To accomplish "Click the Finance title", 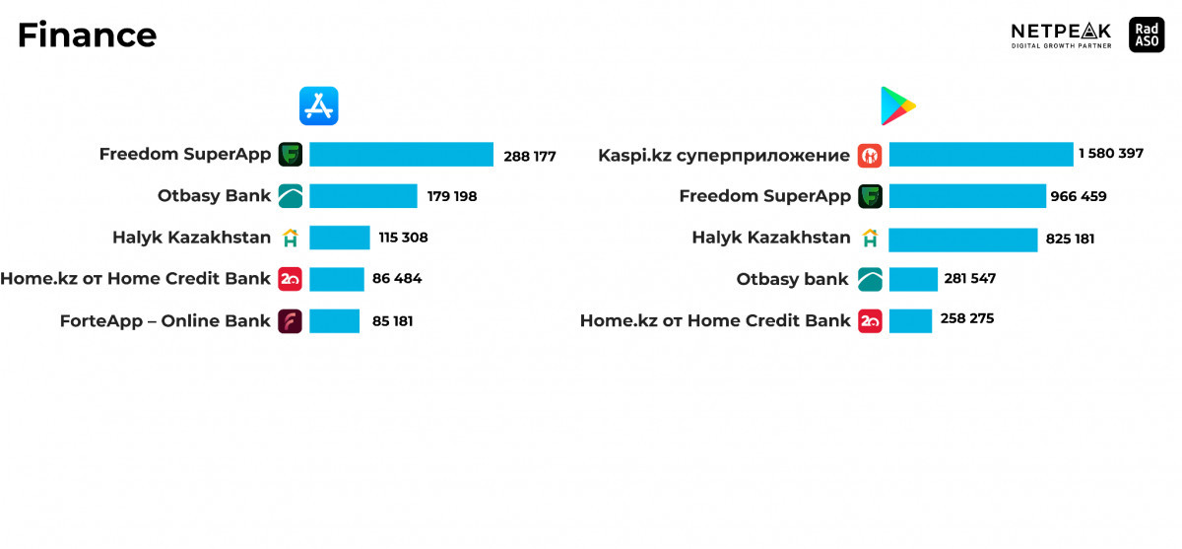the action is pyautogui.click(x=87, y=35).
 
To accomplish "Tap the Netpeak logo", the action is pyautogui.click(x=1061, y=35).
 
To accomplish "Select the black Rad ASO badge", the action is pyautogui.click(x=1147, y=34).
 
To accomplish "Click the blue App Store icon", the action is pyautogui.click(x=319, y=106).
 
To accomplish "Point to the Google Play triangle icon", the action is pyautogui.click(x=897, y=106).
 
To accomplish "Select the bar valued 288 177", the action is pyautogui.click(x=401, y=154).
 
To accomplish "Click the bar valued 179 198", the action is pyautogui.click(x=363, y=196).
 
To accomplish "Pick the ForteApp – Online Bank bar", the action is pyautogui.click(x=335, y=321).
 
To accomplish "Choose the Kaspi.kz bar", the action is pyautogui.click(x=981, y=154).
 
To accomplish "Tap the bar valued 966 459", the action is pyautogui.click(x=967, y=196).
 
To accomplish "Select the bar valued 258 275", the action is pyautogui.click(x=910, y=321).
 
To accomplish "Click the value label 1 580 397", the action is pyautogui.click(x=1111, y=153).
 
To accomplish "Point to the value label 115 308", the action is pyautogui.click(x=403, y=237).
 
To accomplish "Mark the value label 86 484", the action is pyautogui.click(x=397, y=278).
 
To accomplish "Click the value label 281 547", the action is pyautogui.click(x=970, y=278).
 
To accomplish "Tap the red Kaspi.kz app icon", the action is pyautogui.click(x=870, y=156).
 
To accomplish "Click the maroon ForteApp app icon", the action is pyautogui.click(x=291, y=321).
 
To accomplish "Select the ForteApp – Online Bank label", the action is pyautogui.click(x=164, y=321).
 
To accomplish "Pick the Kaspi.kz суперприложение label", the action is pyautogui.click(x=724, y=156).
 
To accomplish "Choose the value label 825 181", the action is pyautogui.click(x=1070, y=239).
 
